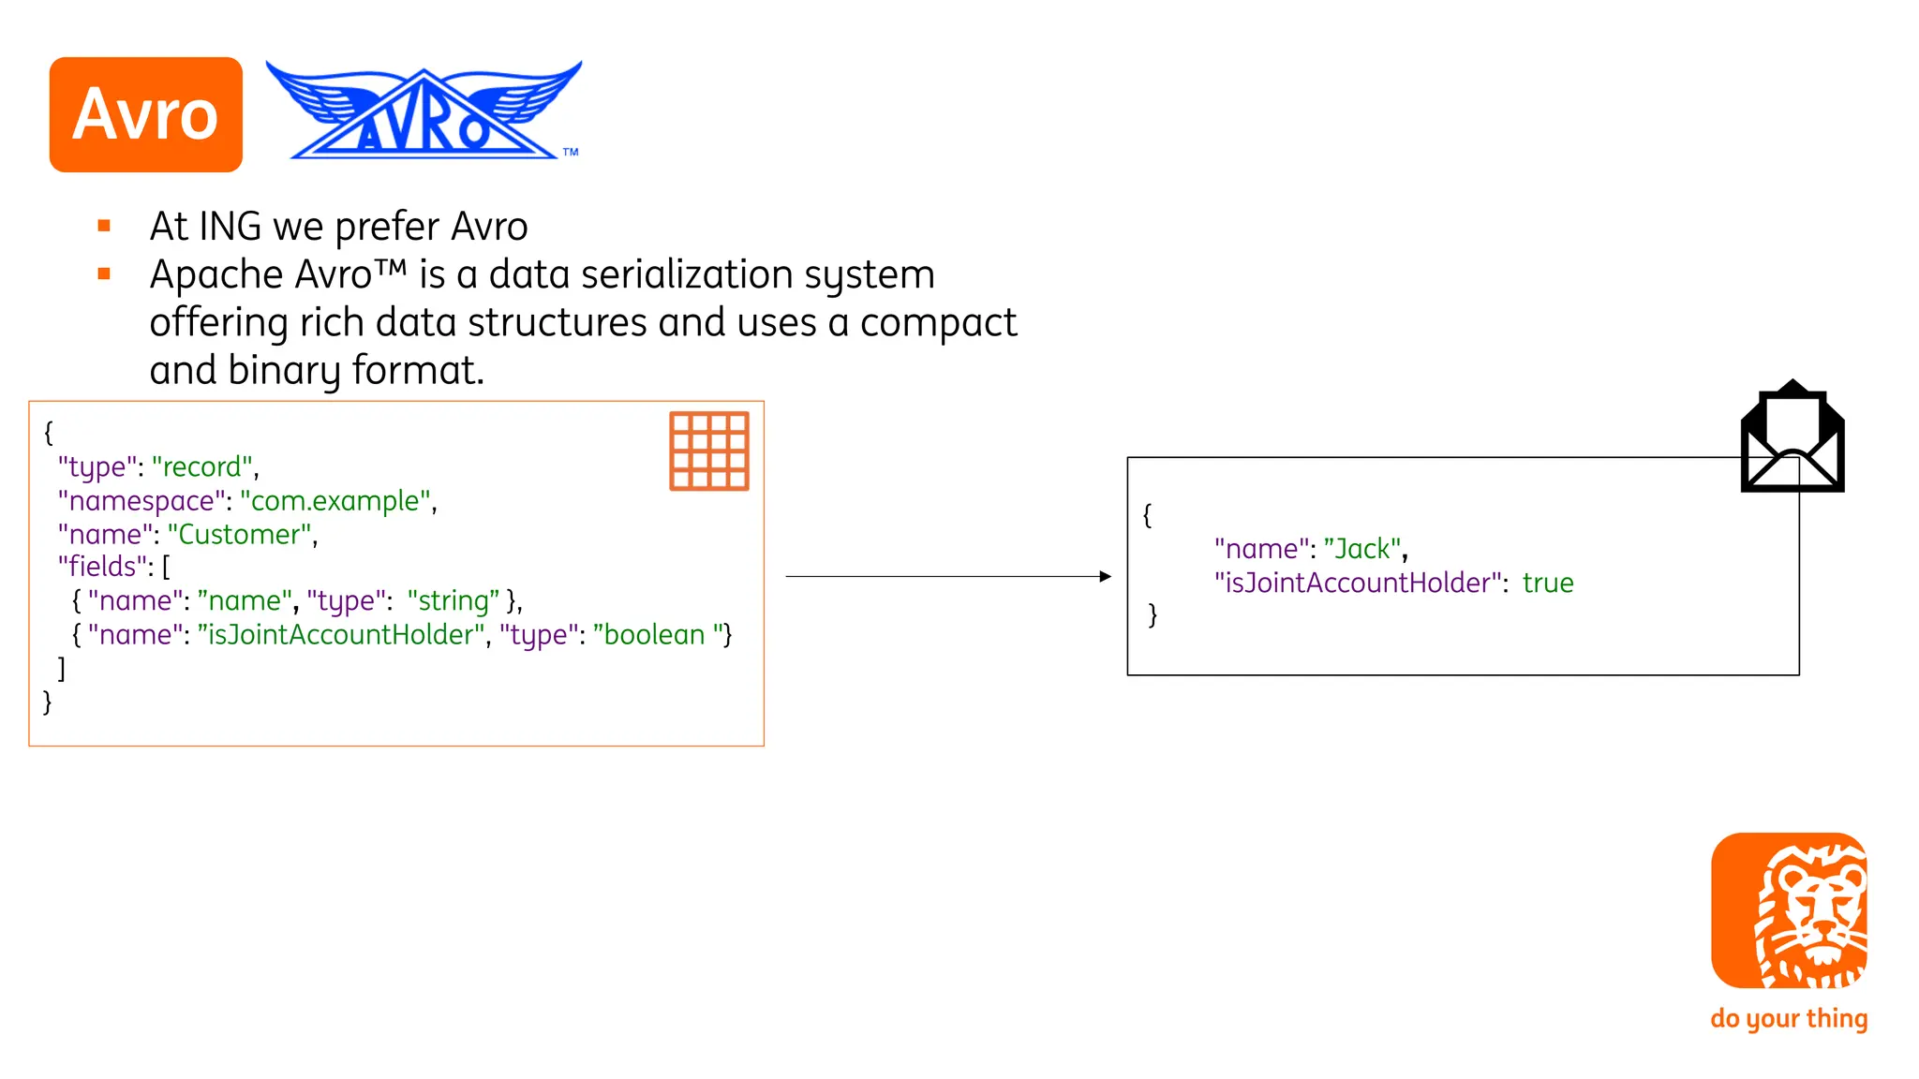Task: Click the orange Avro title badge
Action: click(x=145, y=114)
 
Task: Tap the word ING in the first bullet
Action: click(x=230, y=227)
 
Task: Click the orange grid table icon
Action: click(x=708, y=451)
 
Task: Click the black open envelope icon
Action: click(x=1792, y=438)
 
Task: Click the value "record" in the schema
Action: click(x=202, y=466)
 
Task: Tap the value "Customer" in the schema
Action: click(x=240, y=534)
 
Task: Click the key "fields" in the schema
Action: click(x=102, y=567)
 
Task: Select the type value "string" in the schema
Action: click(x=454, y=600)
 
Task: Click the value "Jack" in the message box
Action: click(x=1362, y=548)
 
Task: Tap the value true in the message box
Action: click(x=1547, y=583)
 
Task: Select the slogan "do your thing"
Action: click(x=1788, y=1018)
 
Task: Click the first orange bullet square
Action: click(x=104, y=226)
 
